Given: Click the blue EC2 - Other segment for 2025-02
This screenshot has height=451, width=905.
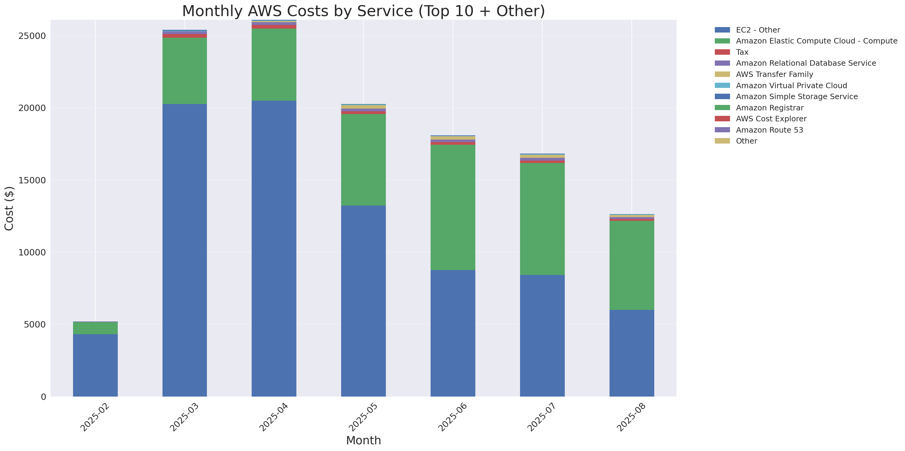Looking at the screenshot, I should [x=95, y=365].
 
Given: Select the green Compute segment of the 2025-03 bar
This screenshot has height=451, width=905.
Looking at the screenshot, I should [x=184, y=71].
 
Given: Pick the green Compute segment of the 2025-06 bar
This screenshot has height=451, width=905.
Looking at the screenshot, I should [x=452, y=207].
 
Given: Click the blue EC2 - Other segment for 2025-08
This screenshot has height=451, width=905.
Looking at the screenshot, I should [x=631, y=353].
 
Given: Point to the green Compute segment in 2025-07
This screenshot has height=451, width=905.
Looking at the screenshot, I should [x=542, y=219].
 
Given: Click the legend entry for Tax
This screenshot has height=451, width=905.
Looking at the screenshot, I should [x=742, y=52].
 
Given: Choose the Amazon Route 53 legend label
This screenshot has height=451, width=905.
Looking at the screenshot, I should [x=769, y=130].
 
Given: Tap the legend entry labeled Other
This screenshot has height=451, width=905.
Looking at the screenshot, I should [x=746, y=141].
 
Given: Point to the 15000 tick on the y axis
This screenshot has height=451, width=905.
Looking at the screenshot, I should [x=32, y=180].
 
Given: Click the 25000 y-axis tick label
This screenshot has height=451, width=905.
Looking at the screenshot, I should [x=32, y=36].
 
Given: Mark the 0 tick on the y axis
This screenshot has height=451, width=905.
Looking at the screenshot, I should [x=43, y=397].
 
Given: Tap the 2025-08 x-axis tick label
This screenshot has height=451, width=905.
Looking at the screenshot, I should [x=631, y=417].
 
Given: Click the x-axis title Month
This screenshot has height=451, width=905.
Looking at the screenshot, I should [x=363, y=440].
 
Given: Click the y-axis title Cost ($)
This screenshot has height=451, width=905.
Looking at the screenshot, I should [x=9, y=209].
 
